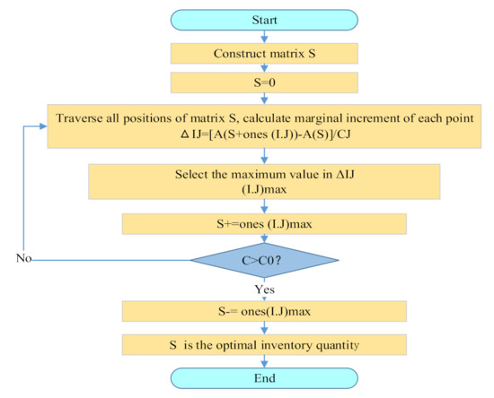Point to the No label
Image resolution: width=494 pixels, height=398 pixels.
(x=26, y=258)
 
